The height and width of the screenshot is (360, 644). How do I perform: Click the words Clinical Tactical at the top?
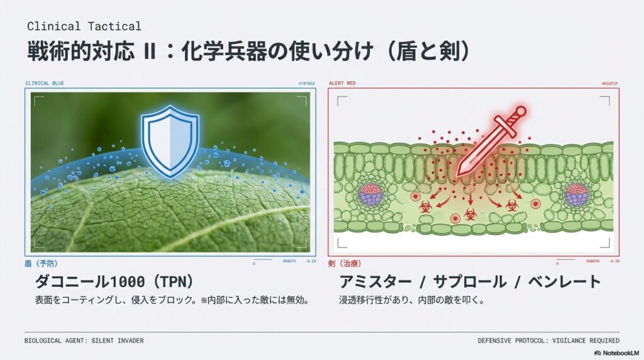pos(84,26)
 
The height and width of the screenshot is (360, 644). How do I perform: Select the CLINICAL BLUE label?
pos(45,83)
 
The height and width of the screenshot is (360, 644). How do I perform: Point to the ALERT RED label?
pos(342,83)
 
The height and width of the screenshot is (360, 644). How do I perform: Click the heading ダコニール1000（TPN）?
pos(114,281)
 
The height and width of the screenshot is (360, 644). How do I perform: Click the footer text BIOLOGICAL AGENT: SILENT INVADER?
pos(84,340)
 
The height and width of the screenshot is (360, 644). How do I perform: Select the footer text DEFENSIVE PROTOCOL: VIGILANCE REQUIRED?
pos(548,340)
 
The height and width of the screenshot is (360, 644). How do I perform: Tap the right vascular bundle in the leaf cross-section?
pos(576,195)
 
